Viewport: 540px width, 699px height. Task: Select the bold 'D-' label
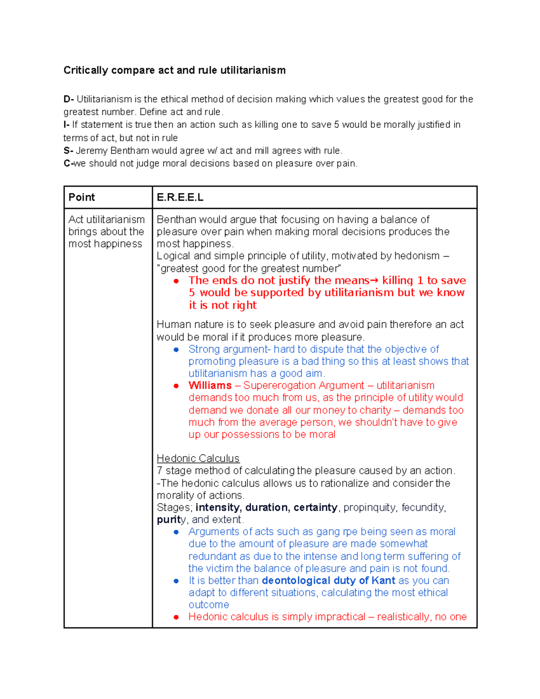tap(68, 99)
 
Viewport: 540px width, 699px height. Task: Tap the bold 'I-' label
tap(66, 125)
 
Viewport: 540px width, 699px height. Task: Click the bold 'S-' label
tap(68, 151)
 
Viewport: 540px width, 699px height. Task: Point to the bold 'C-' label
tap(68, 163)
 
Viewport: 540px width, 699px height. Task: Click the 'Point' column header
tap(81, 198)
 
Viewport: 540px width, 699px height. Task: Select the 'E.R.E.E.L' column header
tap(180, 198)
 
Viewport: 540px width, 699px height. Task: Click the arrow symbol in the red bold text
tap(374, 281)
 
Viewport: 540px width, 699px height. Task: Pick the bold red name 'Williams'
tap(210, 386)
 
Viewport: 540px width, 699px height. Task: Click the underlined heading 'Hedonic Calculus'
tap(198, 459)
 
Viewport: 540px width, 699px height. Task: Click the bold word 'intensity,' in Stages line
tap(219, 508)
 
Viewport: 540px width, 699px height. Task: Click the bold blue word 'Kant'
tap(383, 581)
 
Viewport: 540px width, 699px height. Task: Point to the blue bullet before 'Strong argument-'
tap(176, 350)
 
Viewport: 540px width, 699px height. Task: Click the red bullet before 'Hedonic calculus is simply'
tap(176, 617)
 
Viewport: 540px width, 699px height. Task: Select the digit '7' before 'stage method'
tap(160, 471)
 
